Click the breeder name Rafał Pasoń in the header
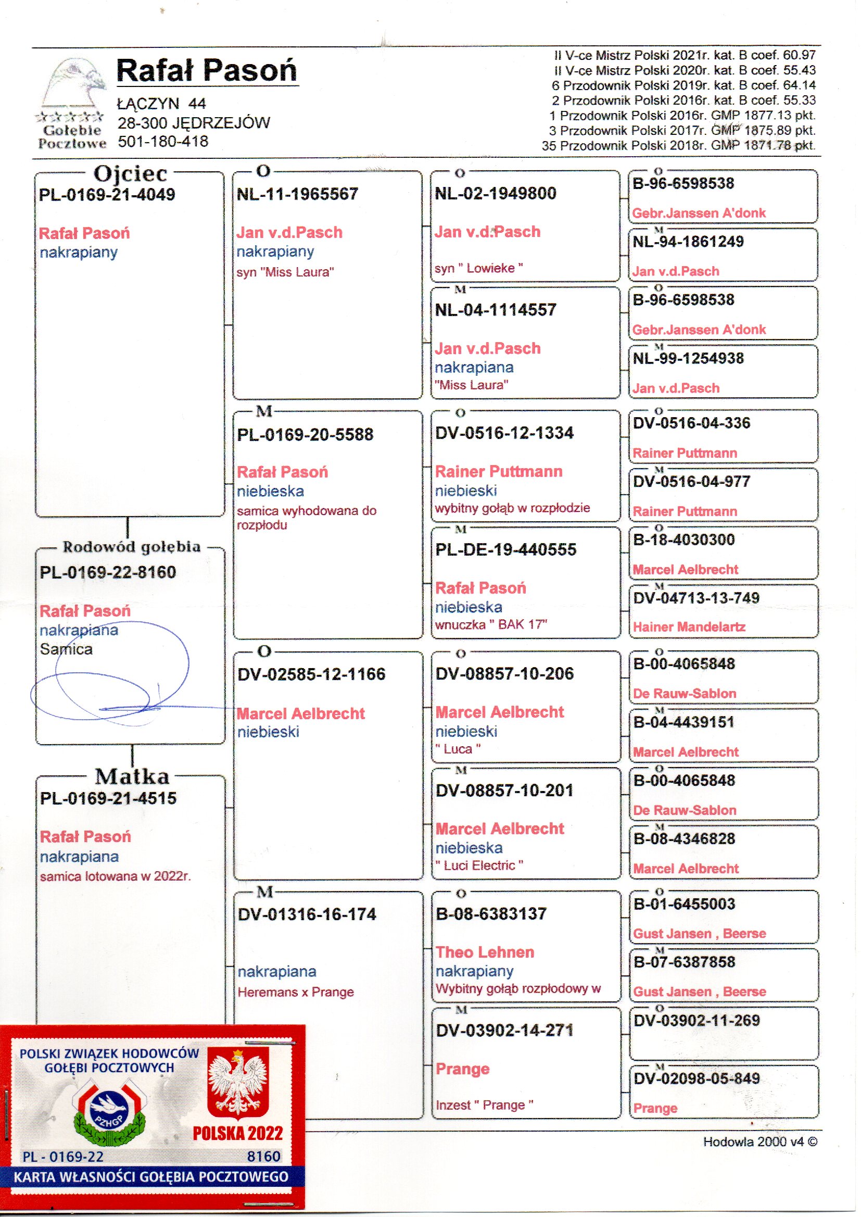[206, 70]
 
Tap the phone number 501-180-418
[163, 142]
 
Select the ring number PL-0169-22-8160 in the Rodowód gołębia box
[108, 572]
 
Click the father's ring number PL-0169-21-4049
[107, 195]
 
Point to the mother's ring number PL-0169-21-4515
[108, 798]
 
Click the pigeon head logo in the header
[74, 85]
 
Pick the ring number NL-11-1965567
[297, 194]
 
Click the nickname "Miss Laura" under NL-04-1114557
[471, 385]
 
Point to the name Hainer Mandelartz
[689, 628]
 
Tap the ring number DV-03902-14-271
[504, 1031]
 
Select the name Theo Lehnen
[485, 952]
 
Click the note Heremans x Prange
[295, 992]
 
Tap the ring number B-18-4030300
[683, 540]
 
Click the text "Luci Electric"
[479, 865]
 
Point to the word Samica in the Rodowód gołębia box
[66, 649]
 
